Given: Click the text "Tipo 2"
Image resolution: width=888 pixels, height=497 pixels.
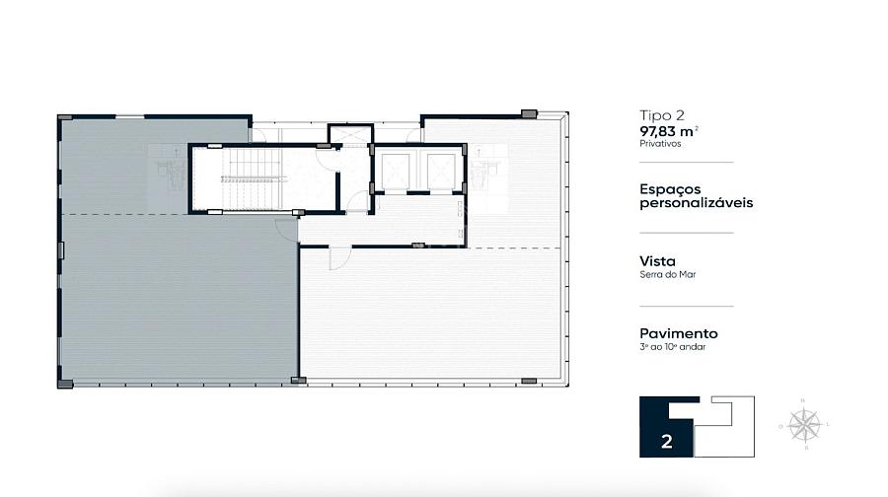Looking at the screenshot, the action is pyautogui.click(x=661, y=115).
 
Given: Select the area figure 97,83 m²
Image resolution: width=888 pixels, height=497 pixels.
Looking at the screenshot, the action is pyautogui.click(x=669, y=131).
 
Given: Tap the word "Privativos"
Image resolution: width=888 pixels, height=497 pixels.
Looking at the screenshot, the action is pyautogui.click(x=660, y=144).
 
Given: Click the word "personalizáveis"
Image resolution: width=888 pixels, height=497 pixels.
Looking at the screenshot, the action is pyautogui.click(x=696, y=203).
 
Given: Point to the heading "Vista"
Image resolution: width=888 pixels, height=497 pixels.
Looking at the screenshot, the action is pyautogui.click(x=657, y=261).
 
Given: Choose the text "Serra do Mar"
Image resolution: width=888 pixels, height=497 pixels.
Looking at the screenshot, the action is pyautogui.click(x=668, y=274).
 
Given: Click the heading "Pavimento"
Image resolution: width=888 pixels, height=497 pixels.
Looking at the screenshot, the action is pyautogui.click(x=679, y=333).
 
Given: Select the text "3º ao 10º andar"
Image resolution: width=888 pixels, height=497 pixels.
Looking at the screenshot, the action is pyautogui.click(x=673, y=347).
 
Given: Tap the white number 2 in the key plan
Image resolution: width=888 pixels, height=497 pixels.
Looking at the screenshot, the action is pyautogui.click(x=667, y=442).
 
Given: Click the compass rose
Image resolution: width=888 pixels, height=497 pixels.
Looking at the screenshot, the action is pyautogui.click(x=804, y=425).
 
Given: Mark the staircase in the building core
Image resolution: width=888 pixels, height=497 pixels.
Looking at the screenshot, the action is pyautogui.click(x=251, y=178).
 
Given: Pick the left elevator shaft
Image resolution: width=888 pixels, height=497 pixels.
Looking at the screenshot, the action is pyautogui.click(x=396, y=171).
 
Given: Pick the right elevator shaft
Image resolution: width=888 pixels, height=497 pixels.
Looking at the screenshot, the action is pyautogui.click(x=441, y=171).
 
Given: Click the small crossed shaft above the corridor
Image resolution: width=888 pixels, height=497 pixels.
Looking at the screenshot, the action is pyautogui.click(x=350, y=135).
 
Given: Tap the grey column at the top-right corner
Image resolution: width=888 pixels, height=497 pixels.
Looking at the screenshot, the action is pyautogui.click(x=529, y=113).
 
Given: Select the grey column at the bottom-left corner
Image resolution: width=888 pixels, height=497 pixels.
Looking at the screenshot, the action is pyautogui.click(x=65, y=384).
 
